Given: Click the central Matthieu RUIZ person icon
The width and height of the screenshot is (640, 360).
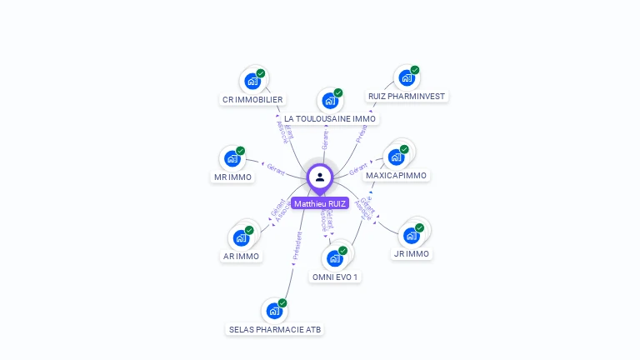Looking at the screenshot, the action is (320, 177).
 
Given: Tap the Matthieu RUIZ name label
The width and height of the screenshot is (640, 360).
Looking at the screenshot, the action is (320, 203).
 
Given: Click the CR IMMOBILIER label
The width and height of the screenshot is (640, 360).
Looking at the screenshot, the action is (252, 100).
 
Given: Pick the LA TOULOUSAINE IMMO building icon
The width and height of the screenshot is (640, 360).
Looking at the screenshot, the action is (329, 101).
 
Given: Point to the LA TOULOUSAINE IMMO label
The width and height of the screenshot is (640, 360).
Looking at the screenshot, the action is (330, 119).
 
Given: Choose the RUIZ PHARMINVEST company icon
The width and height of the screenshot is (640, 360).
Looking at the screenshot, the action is (406, 78).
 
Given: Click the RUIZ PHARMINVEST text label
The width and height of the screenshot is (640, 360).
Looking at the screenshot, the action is (407, 96).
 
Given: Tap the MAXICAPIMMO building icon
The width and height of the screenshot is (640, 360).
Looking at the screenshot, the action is (396, 156).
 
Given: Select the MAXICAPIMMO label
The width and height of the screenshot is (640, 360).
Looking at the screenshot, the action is (397, 176).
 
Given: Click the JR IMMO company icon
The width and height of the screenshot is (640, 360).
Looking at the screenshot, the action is (411, 235).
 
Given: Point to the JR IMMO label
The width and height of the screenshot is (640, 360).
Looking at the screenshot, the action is (412, 254).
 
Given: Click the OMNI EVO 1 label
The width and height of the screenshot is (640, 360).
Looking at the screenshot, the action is (336, 277).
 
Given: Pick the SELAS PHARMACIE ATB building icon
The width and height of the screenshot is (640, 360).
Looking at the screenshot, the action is (273, 311).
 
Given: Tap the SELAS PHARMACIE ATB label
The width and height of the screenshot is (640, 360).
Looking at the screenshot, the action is (275, 330).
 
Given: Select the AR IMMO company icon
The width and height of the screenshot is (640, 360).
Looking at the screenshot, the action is (240, 237).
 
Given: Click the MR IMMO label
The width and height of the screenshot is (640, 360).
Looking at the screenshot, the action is (232, 177).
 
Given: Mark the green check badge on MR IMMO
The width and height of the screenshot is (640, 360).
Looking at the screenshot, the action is (240, 151).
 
